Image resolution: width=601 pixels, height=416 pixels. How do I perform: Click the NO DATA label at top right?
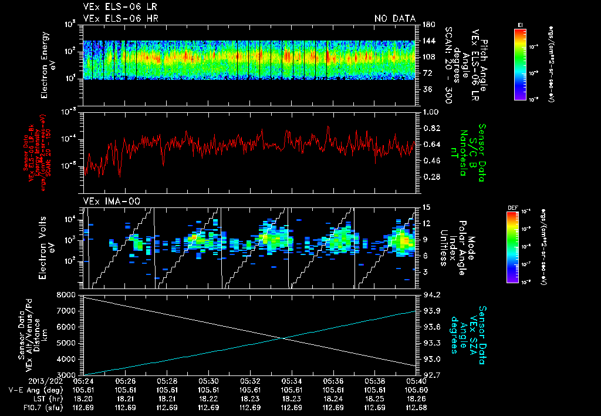[394, 18]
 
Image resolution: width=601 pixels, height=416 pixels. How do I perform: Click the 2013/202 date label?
[24, 381]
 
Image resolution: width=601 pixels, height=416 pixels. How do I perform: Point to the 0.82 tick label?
[431, 128]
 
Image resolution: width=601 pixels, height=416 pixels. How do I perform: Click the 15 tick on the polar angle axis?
[426, 207]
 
